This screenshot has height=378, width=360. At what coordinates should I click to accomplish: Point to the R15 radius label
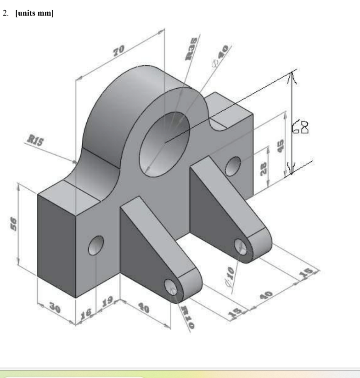pos(35,141)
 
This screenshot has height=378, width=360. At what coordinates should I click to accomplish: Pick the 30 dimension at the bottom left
pos(55,309)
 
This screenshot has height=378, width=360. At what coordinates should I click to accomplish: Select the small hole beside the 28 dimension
pos(233,166)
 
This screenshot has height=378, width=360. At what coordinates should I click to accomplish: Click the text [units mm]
pos(34,14)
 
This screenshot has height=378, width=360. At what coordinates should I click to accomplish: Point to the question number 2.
pos(6,14)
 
